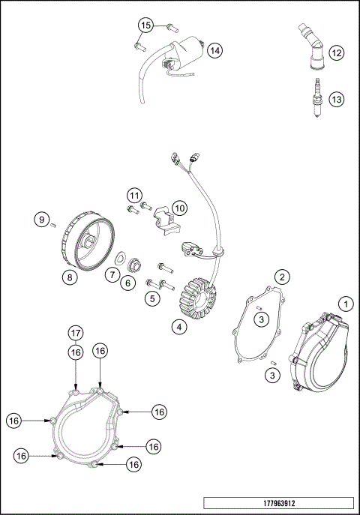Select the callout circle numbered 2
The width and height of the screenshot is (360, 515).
pos(281,277)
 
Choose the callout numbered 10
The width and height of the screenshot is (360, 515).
pos(178,206)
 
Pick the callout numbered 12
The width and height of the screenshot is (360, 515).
pos(337,52)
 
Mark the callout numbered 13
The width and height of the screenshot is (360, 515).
pos(337,99)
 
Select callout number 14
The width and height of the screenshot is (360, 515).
pos(214,50)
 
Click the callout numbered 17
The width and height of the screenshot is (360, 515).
pos(76,333)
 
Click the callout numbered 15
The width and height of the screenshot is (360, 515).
pos(145,25)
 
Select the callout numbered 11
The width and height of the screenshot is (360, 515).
pos(133,196)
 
